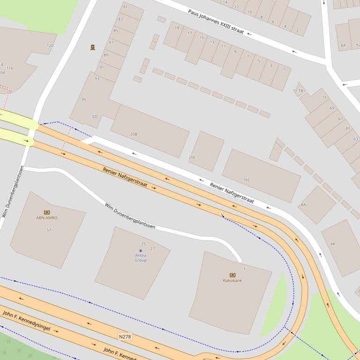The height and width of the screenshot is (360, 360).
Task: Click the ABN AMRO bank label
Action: [x=47, y=218]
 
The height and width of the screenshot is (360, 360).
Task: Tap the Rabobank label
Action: [x=232, y=281]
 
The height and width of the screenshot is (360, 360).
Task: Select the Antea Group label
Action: [x=140, y=258]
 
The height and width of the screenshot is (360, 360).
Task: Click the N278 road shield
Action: [x=125, y=337]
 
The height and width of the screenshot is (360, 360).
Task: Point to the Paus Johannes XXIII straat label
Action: [x=216, y=21]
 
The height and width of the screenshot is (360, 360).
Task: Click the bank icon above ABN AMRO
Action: [x=47, y=212]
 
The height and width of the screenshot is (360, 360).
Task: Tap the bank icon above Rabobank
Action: [x=232, y=275]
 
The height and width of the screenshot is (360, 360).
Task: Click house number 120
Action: [x=50, y=46]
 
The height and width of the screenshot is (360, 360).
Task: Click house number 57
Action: [x=49, y=230]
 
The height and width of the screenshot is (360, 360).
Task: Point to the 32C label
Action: [x=95, y=117]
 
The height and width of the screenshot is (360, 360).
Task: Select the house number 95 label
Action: [x=84, y=100]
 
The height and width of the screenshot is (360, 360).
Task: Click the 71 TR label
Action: [x=298, y=91]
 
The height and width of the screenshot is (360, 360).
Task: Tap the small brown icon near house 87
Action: [x=93, y=47]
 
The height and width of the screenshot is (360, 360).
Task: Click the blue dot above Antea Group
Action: [x=140, y=251]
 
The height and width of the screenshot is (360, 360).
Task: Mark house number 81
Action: [x=125, y=7]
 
